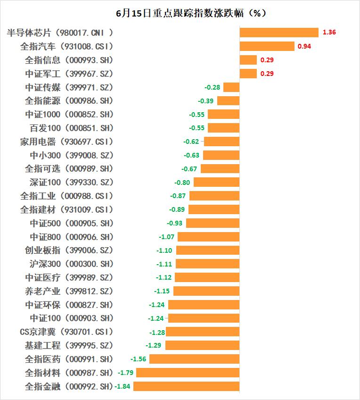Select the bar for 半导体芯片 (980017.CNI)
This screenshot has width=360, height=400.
coord(279,33)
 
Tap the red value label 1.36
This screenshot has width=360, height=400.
coord(329,33)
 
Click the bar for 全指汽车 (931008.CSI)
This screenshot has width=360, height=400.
coord(267,46)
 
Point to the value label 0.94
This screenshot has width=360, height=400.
coord(304,46)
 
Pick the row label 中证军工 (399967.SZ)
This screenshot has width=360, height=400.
coord(69,74)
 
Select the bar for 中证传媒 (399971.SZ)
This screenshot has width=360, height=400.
coord(231,87)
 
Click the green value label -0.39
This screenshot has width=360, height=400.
coord(206,101)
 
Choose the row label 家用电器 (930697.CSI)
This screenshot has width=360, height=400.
coord(66,142)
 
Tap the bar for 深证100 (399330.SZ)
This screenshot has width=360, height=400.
coord(216,183)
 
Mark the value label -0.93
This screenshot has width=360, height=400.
coord(175,223)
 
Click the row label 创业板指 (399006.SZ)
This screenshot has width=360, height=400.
coord(69,250)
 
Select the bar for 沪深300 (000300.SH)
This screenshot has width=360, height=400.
coord(207,264)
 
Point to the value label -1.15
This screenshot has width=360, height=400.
coord(162,291)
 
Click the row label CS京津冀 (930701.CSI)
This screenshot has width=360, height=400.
coord(66,332)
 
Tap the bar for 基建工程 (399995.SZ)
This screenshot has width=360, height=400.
coord(202,346)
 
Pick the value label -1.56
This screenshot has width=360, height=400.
coord(138,359)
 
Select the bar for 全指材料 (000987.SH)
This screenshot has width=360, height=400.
coord(188,373)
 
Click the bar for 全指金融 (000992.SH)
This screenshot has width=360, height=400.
coord(186,386)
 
